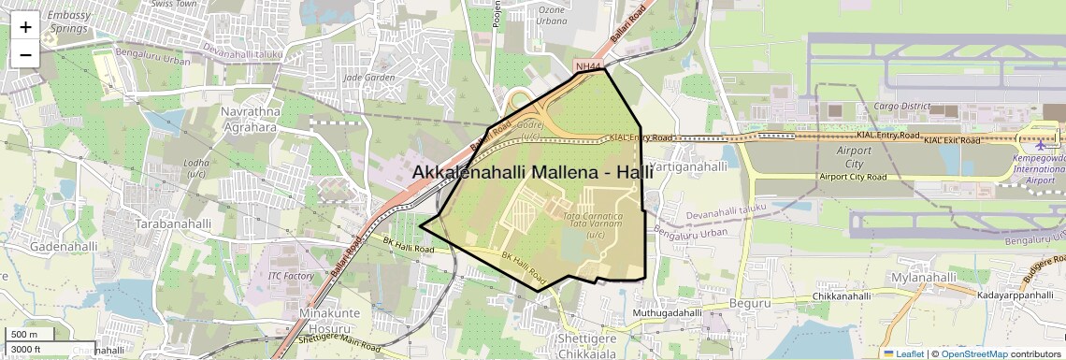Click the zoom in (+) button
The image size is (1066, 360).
coord(25,27)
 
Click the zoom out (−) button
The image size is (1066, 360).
coord(25,55)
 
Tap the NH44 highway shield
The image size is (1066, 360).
coord(587,66)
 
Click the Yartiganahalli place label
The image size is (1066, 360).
coord(687,166)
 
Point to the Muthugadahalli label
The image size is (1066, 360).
coord(667,312)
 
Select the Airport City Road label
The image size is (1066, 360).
coord(852,176)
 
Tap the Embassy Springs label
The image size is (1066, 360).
coord(67,22)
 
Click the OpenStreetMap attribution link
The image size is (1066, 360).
coord(974,353)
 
